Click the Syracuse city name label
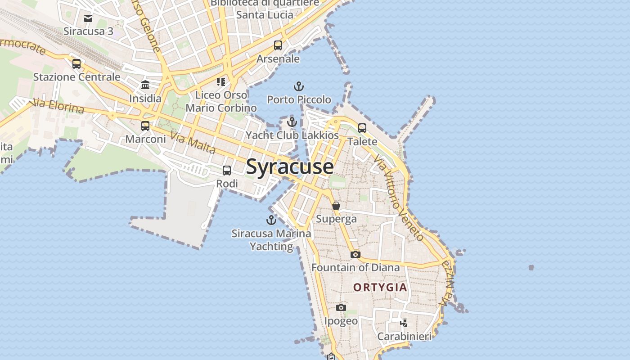pyautogui.click(x=290, y=166)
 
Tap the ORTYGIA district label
pyautogui.click(x=380, y=287)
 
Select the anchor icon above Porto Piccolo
pyautogui.click(x=299, y=86)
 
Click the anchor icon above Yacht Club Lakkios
pyautogui.click(x=292, y=122)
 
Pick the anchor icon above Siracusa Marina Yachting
pyautogui.click(x=271, y=220)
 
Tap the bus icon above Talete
pyautogui.click(x=362, y=128)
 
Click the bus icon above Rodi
pyautogui.click(x=227, y=171)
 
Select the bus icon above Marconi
pyautogui.click(x=145, y=126)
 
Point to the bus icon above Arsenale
pyautogui.click(x=278, y=45)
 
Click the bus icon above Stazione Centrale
pyautogui.click(x=76, y=63)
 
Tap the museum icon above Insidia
pyautogui.click(x=145, y=85)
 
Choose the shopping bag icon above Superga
pyautogui.click(x=336, y=206)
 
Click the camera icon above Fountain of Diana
pyautogui.click(x=355, y=254)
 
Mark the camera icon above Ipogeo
pyautogui.click(x=341, y=308)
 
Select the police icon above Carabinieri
pyautogui.click(x=404, y=323)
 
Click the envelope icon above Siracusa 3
pyautogui.click(x=88, y=18)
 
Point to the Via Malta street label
pyautogui.click(x=193, y=142)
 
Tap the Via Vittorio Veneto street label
pyautogui.click(x=399, y=198)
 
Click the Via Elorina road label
pyautogui.click(x=57, y=106)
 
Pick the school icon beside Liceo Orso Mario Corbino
pyautogui.click(x=220, y=81)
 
